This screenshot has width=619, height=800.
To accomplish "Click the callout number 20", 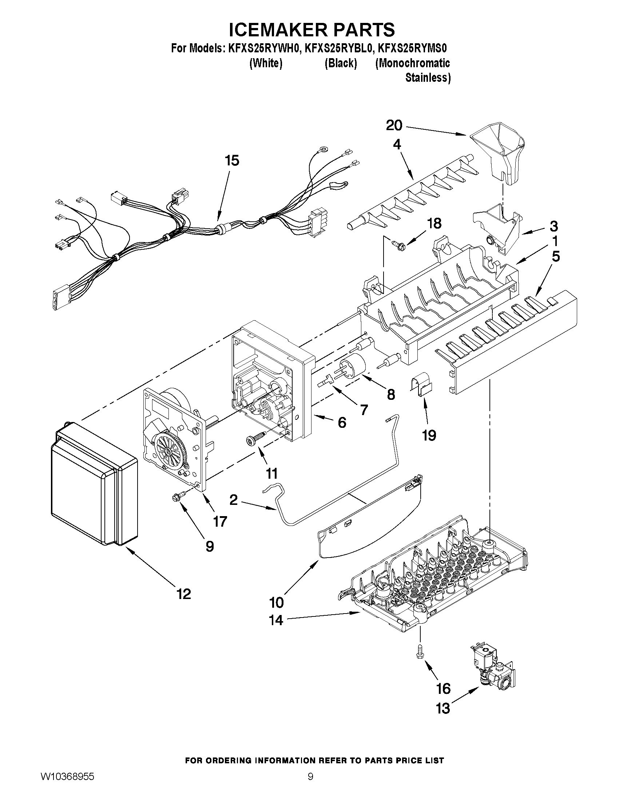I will point(394,126).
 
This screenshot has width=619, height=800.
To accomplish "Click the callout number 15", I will point(232,160).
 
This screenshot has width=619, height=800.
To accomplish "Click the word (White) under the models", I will point(266,63).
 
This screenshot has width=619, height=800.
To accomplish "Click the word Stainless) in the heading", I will point(428,78).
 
